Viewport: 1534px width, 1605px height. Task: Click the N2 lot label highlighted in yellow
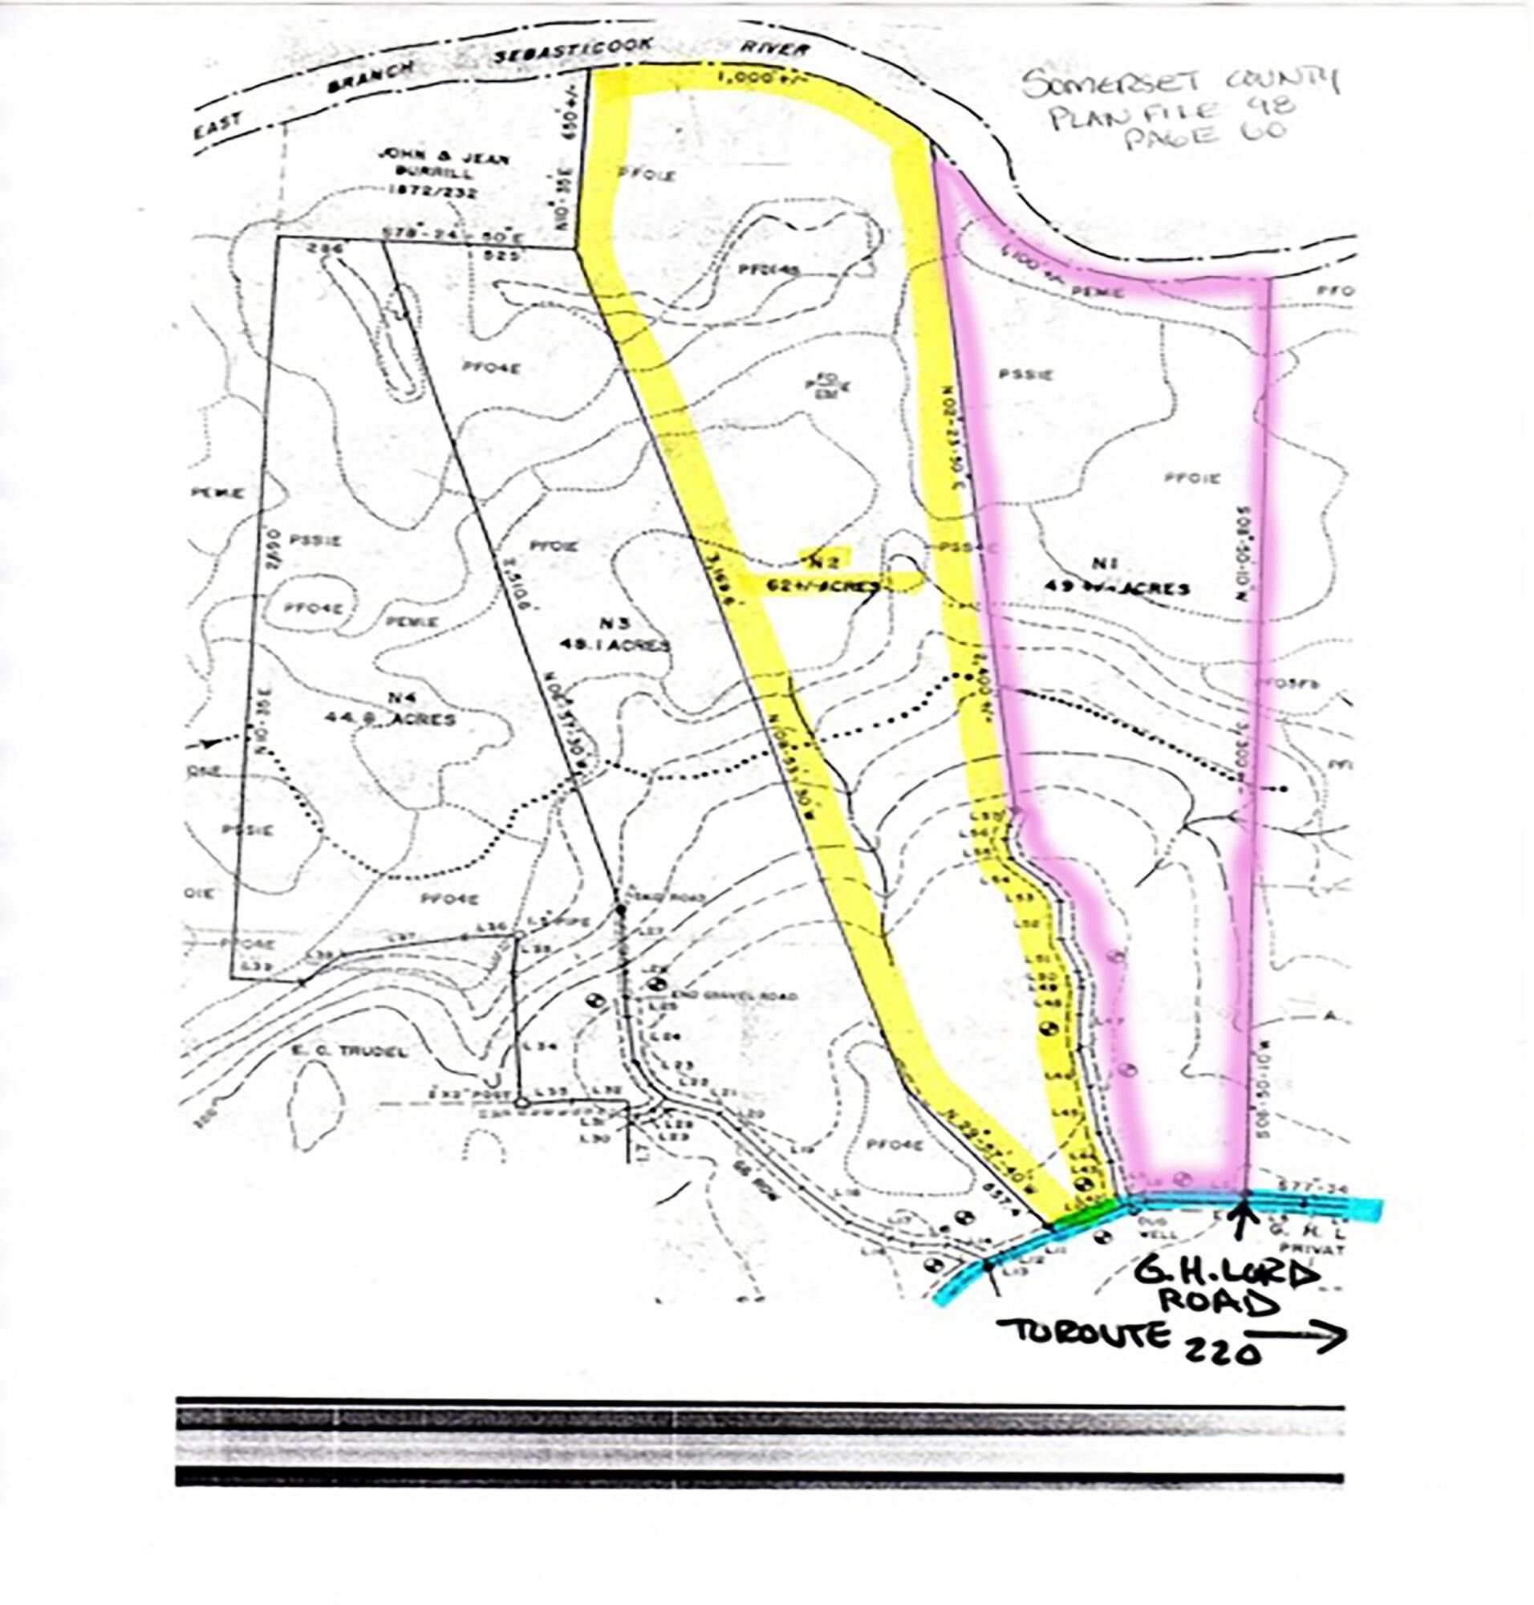823,559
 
